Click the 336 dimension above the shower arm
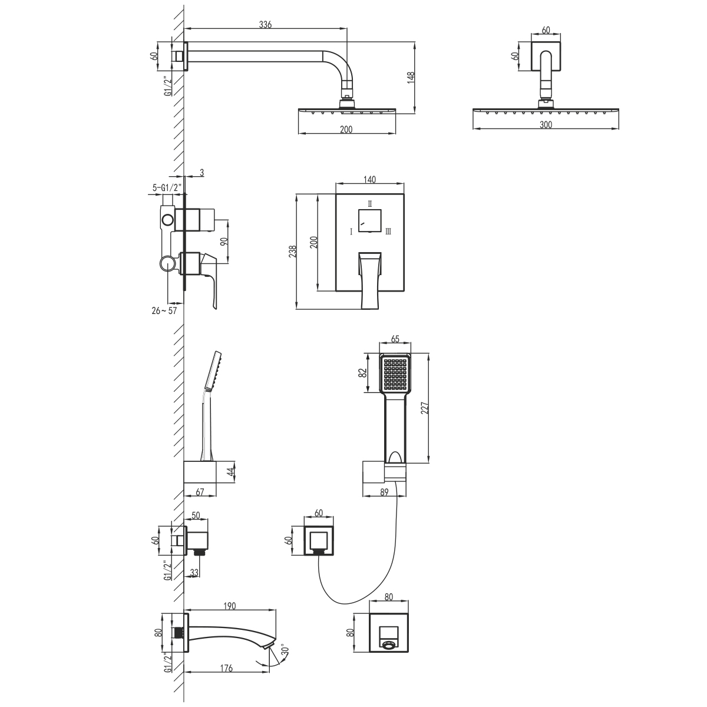[265, 25]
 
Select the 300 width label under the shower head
[546, 125]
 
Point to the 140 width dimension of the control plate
[369, 180]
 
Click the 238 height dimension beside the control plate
[292, 252]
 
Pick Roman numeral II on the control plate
[370, 203]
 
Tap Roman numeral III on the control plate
[388, 232]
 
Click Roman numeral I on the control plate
[351, 232]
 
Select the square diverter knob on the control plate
[369, 221]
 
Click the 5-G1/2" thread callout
[167, 188]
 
